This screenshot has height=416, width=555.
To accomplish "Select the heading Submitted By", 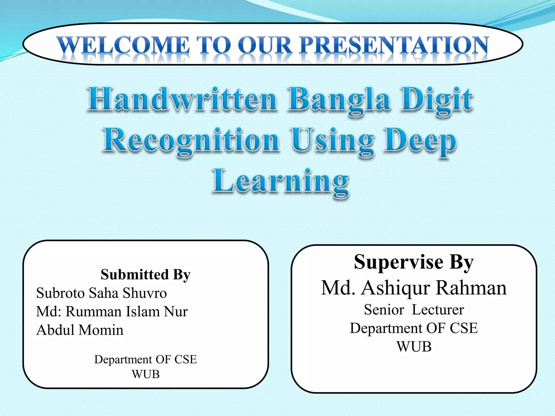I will [146, 275].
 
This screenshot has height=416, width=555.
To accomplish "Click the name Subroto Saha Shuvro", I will [101, 293].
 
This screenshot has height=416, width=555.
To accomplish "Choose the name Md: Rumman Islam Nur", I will [112, 311].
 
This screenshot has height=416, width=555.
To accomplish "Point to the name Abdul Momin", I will [80, 330].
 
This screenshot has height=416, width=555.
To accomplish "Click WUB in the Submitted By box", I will [146, 374].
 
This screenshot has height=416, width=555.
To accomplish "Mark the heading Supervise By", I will [414, 262].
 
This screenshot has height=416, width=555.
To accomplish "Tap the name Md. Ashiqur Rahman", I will [414, 288].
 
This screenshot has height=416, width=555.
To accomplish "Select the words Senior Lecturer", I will [414, 310].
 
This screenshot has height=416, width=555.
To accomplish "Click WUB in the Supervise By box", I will [414, 347].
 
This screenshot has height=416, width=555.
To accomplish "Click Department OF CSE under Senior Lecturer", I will [414, 328].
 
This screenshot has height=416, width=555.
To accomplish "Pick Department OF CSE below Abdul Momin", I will [146, 359].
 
